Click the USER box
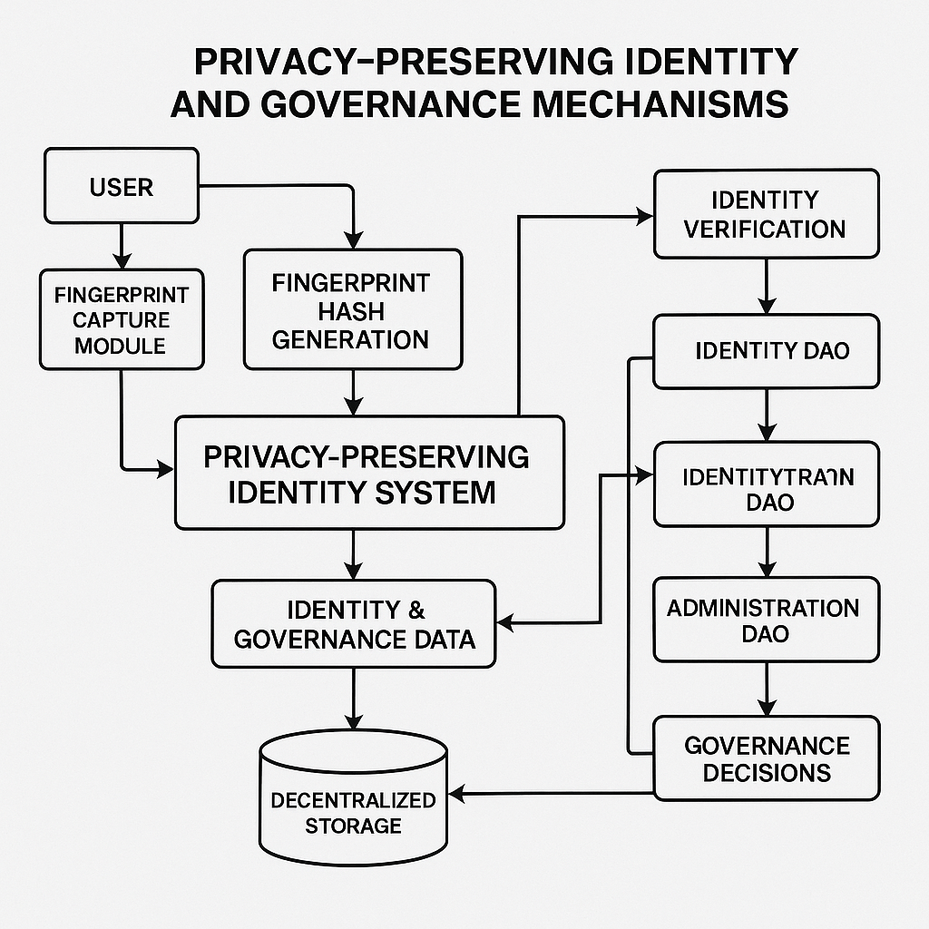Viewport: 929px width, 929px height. (121, 187)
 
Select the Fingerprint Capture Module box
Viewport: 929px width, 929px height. (121, 319)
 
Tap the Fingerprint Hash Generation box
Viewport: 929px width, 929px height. (352, 311)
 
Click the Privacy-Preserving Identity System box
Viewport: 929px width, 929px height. (368, 473)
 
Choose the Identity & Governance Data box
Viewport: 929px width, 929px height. (354, 623)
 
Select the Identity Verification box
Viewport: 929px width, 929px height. (766, 213)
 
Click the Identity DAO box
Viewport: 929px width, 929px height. (766, 350)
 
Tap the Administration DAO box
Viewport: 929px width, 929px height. (766, 620)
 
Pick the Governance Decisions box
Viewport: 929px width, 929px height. (766, 758)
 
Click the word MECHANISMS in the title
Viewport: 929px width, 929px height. (660, 104)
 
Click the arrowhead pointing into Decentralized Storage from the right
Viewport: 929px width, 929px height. (457, 795)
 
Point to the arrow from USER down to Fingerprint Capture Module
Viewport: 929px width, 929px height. (120, 243)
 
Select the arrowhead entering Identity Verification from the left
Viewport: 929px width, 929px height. (645, 216)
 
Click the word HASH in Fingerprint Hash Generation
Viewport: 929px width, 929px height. (351, 312)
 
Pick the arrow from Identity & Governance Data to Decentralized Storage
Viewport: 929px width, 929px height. (353, 700)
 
